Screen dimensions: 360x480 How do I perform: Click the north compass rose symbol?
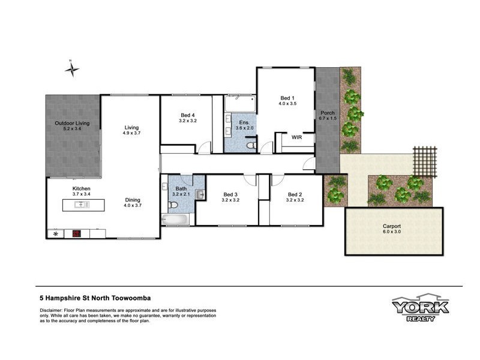pyautogui.click(x=71, y=69)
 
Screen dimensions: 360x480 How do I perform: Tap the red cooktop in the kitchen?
pyautogui.click(x=77, y=234)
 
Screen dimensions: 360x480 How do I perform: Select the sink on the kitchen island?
pyautogui.click(x=80, y=204)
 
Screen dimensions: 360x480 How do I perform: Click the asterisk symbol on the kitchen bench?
pyautogui.click(x=56, y=234)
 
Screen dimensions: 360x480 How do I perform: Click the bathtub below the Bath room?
pyautogui.click(x=175, y=220)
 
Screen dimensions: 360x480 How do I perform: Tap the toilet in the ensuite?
pyautogui.click(x=251, y=145)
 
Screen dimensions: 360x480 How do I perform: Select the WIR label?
pyautogui.click(x=296, y=137)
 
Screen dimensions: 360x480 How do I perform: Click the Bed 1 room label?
pyautogui.click(x=287, y=97)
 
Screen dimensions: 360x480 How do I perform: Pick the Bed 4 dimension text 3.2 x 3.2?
pyautogui.click(x=188, y=121)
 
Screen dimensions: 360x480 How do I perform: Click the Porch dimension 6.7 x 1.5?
pyautogui.click(x=328, y=119)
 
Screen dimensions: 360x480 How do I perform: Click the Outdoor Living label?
pyautogui.click(x=72, y=124)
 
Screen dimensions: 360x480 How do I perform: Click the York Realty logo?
pyautogui.click(x=420, y=308)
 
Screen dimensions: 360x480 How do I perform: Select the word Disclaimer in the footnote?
pyautogui.click(x=52, y=309)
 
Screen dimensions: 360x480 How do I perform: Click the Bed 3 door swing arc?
pyautogui.click(x=249, y=179)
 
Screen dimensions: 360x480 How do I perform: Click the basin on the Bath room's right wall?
pyautogui.click(x=200, y=194)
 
